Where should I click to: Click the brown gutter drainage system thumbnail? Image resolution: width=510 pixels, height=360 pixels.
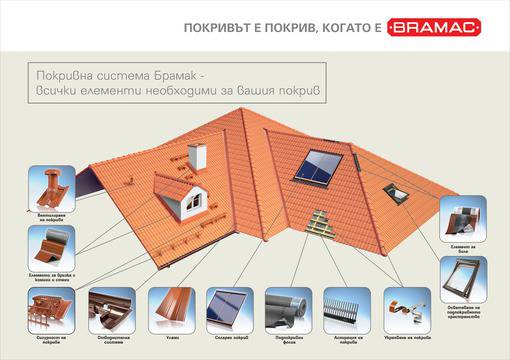[110, 307]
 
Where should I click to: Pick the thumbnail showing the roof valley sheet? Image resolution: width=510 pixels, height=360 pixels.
[169, 307]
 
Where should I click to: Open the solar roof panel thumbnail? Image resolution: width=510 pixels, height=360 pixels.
[228, 307]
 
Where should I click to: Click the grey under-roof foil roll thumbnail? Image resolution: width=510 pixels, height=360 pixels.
[287, 307]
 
